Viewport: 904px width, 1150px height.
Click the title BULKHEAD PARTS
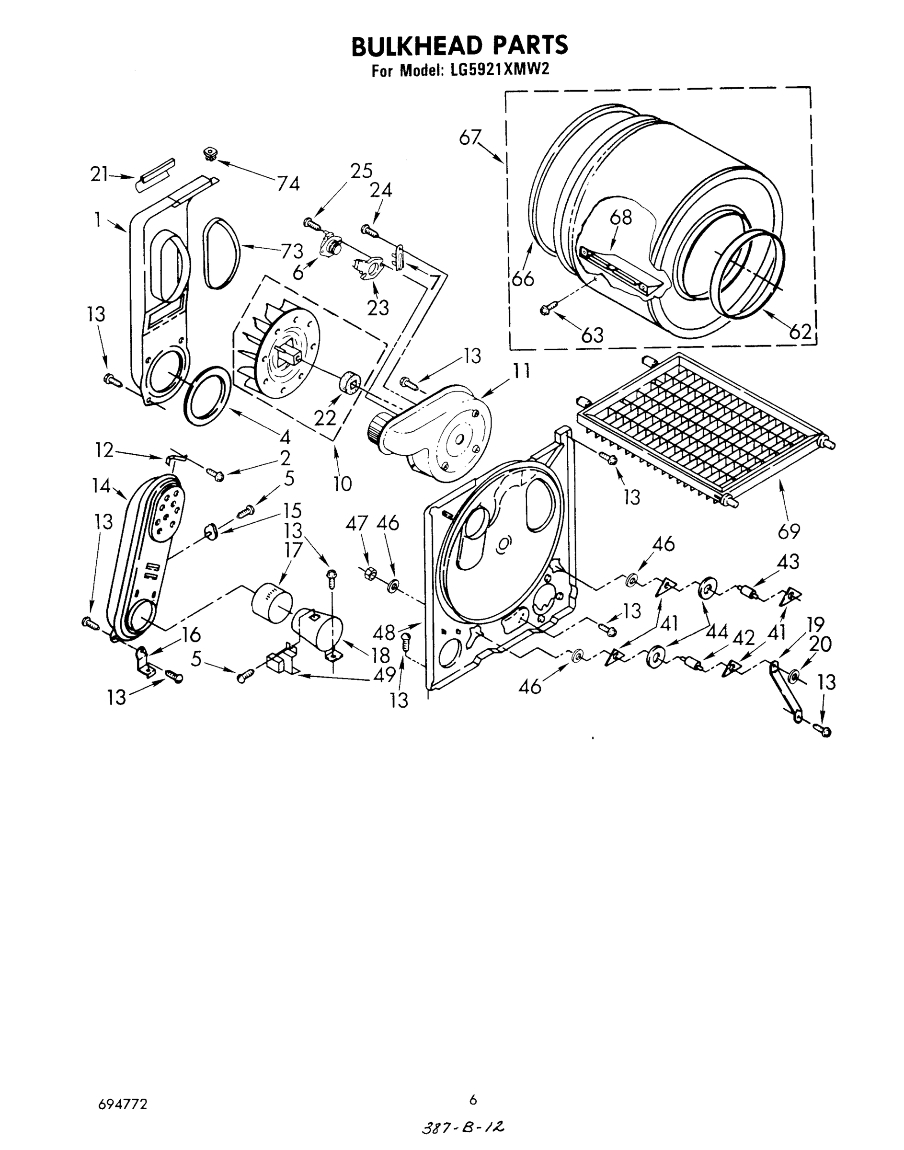pyautogui.click(x=459, y=46)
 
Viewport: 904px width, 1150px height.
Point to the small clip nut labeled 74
pyautogui.click(x=211, y=155)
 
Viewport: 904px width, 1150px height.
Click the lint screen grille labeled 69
pyautogui.click(x=704, y=424)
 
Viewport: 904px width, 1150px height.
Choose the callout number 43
pyautogui.click(x=788, y=562)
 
